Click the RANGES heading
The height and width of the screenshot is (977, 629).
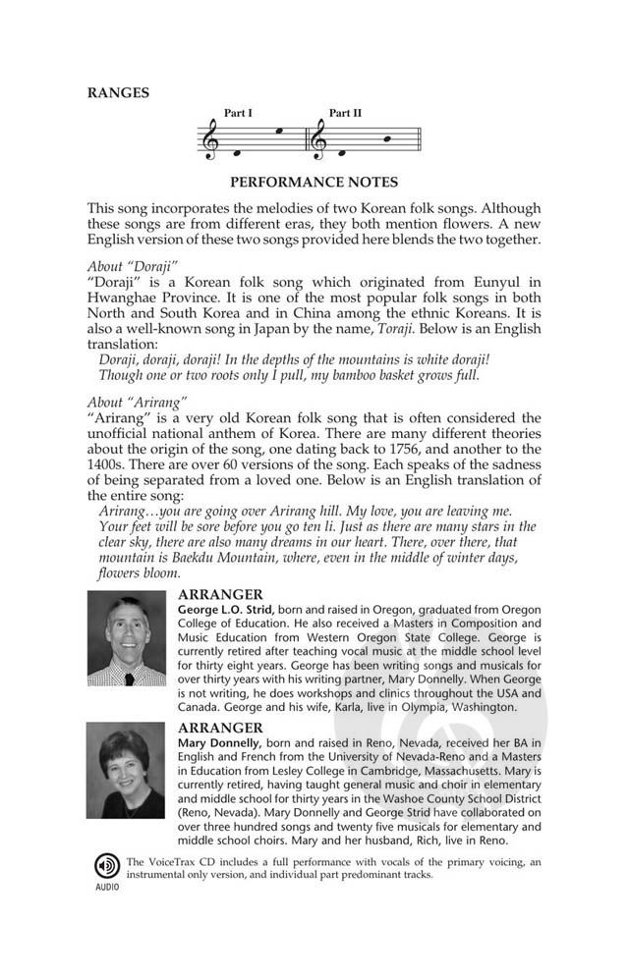click(x=118, y=93)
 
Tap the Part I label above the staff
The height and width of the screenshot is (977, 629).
click(x=238, y=114)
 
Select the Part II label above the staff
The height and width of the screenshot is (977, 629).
click(x=345, y=114)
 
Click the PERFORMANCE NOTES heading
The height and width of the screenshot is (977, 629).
click(x=314, y=182)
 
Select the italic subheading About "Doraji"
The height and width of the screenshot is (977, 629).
click(x=132, y=265)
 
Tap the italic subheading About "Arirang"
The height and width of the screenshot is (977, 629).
click(x=136, y=399)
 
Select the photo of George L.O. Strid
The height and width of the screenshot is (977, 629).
click(x=126, y=637)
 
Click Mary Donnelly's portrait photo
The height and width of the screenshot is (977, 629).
click(x=126, y=771)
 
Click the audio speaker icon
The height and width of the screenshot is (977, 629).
click(x=106, y=865)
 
